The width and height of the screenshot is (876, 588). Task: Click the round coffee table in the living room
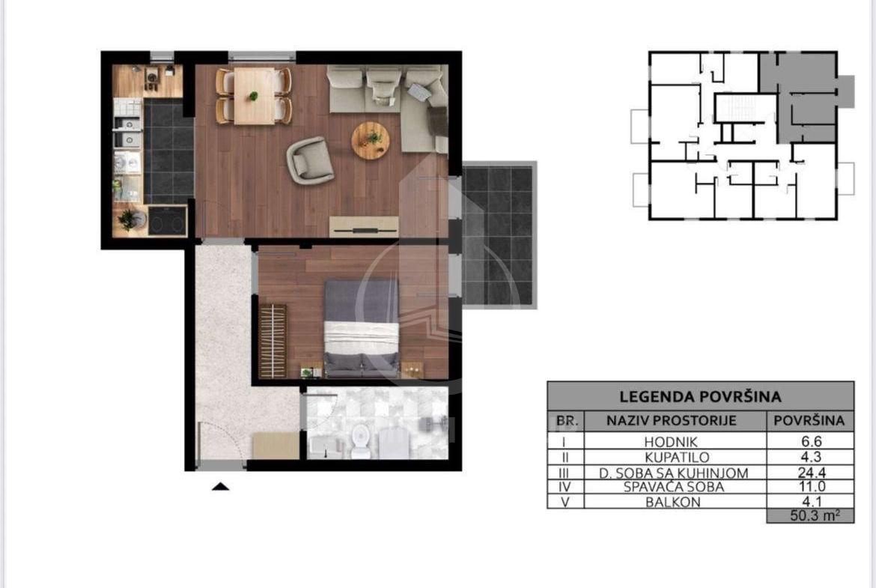point(371,140)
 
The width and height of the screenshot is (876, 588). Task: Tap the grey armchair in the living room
point(309,160)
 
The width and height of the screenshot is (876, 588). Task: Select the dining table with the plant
point(255,96)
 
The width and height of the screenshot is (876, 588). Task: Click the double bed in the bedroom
point(362,327)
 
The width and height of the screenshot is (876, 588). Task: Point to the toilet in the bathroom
point(361,440)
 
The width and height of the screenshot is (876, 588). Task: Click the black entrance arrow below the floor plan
point(221,486)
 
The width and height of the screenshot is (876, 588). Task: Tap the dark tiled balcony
point(499,234)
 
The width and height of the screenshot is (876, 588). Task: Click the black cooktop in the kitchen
point(167,219)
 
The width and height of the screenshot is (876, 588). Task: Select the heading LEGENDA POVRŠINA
point(700,397)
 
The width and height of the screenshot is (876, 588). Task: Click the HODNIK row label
point(670,442)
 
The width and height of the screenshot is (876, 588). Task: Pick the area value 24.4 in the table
point(811,473)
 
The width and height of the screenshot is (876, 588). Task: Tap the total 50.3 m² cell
point(811,515)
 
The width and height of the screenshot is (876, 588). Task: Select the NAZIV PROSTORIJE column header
point(671,420)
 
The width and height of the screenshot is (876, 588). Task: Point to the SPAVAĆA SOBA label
point(674,487)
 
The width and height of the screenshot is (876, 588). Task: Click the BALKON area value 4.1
point(811,501)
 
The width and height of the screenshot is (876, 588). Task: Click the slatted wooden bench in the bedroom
point(273,340)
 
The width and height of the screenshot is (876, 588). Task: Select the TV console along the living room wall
point(364,225)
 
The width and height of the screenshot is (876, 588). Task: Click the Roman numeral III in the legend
point(565,473)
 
